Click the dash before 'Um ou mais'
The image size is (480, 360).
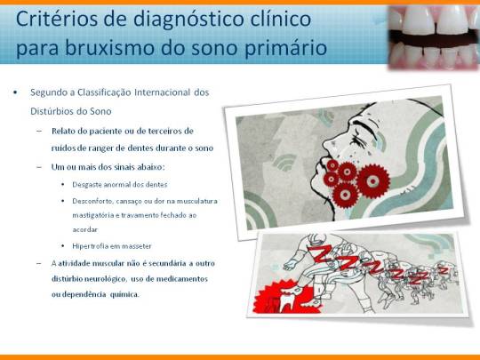coord(40,167)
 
